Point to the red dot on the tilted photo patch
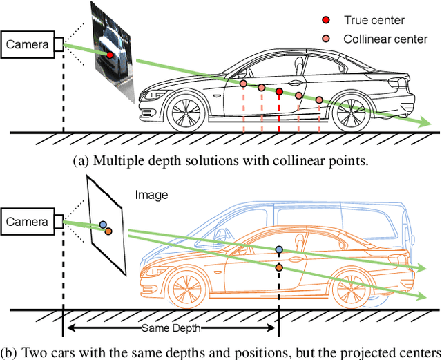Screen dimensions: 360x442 (x=109, y=54)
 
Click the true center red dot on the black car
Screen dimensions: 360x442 (x=279, y=91)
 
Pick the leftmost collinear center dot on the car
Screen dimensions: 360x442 (x=243, y=84)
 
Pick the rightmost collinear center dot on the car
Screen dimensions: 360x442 (x=318, y=100)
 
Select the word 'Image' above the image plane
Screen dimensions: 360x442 (x=151, y=195)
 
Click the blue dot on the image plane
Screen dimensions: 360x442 (x=103, y=225)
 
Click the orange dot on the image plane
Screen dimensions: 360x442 (x=108, y=231)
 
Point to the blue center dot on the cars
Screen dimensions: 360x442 (x=279, y=249)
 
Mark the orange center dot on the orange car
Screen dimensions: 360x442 (x=279, y=267)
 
